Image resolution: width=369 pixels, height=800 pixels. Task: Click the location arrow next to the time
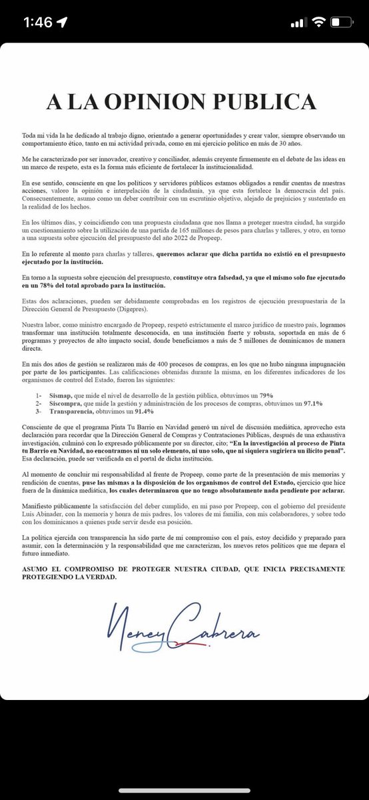[63, 22]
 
